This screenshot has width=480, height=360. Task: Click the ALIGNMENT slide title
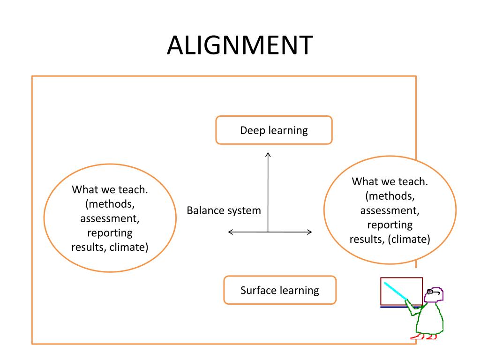[x=240, y=46]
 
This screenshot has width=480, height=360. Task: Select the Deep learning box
[x=274, y=130]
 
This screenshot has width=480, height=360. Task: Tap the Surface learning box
[x=280, y=290]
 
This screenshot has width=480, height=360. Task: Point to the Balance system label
[x=224, y=210]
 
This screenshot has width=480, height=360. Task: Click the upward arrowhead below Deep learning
[x=268, y=155]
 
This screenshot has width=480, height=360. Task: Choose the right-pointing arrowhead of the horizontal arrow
[x=309, y=232]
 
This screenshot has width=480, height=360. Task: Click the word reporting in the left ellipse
[x=110, y=233]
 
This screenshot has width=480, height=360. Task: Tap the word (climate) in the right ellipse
[x=409, y=239]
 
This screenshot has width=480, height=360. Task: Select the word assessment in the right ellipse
[x=390, y=210]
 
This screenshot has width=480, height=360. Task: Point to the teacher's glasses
[x=434, y=293]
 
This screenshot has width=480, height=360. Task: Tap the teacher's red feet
[x=423, y=336]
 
